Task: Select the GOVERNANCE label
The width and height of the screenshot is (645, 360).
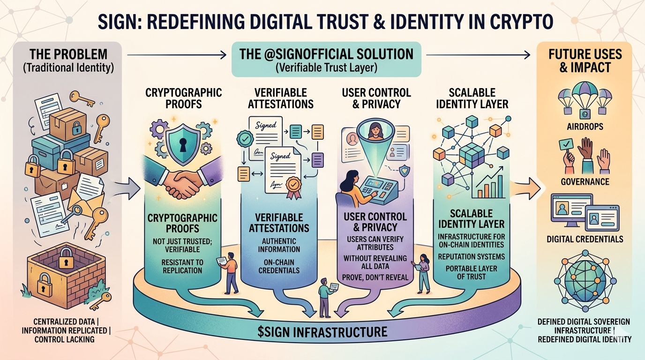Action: (585, 181)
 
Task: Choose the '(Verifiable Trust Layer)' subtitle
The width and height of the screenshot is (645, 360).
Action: (326, 67)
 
